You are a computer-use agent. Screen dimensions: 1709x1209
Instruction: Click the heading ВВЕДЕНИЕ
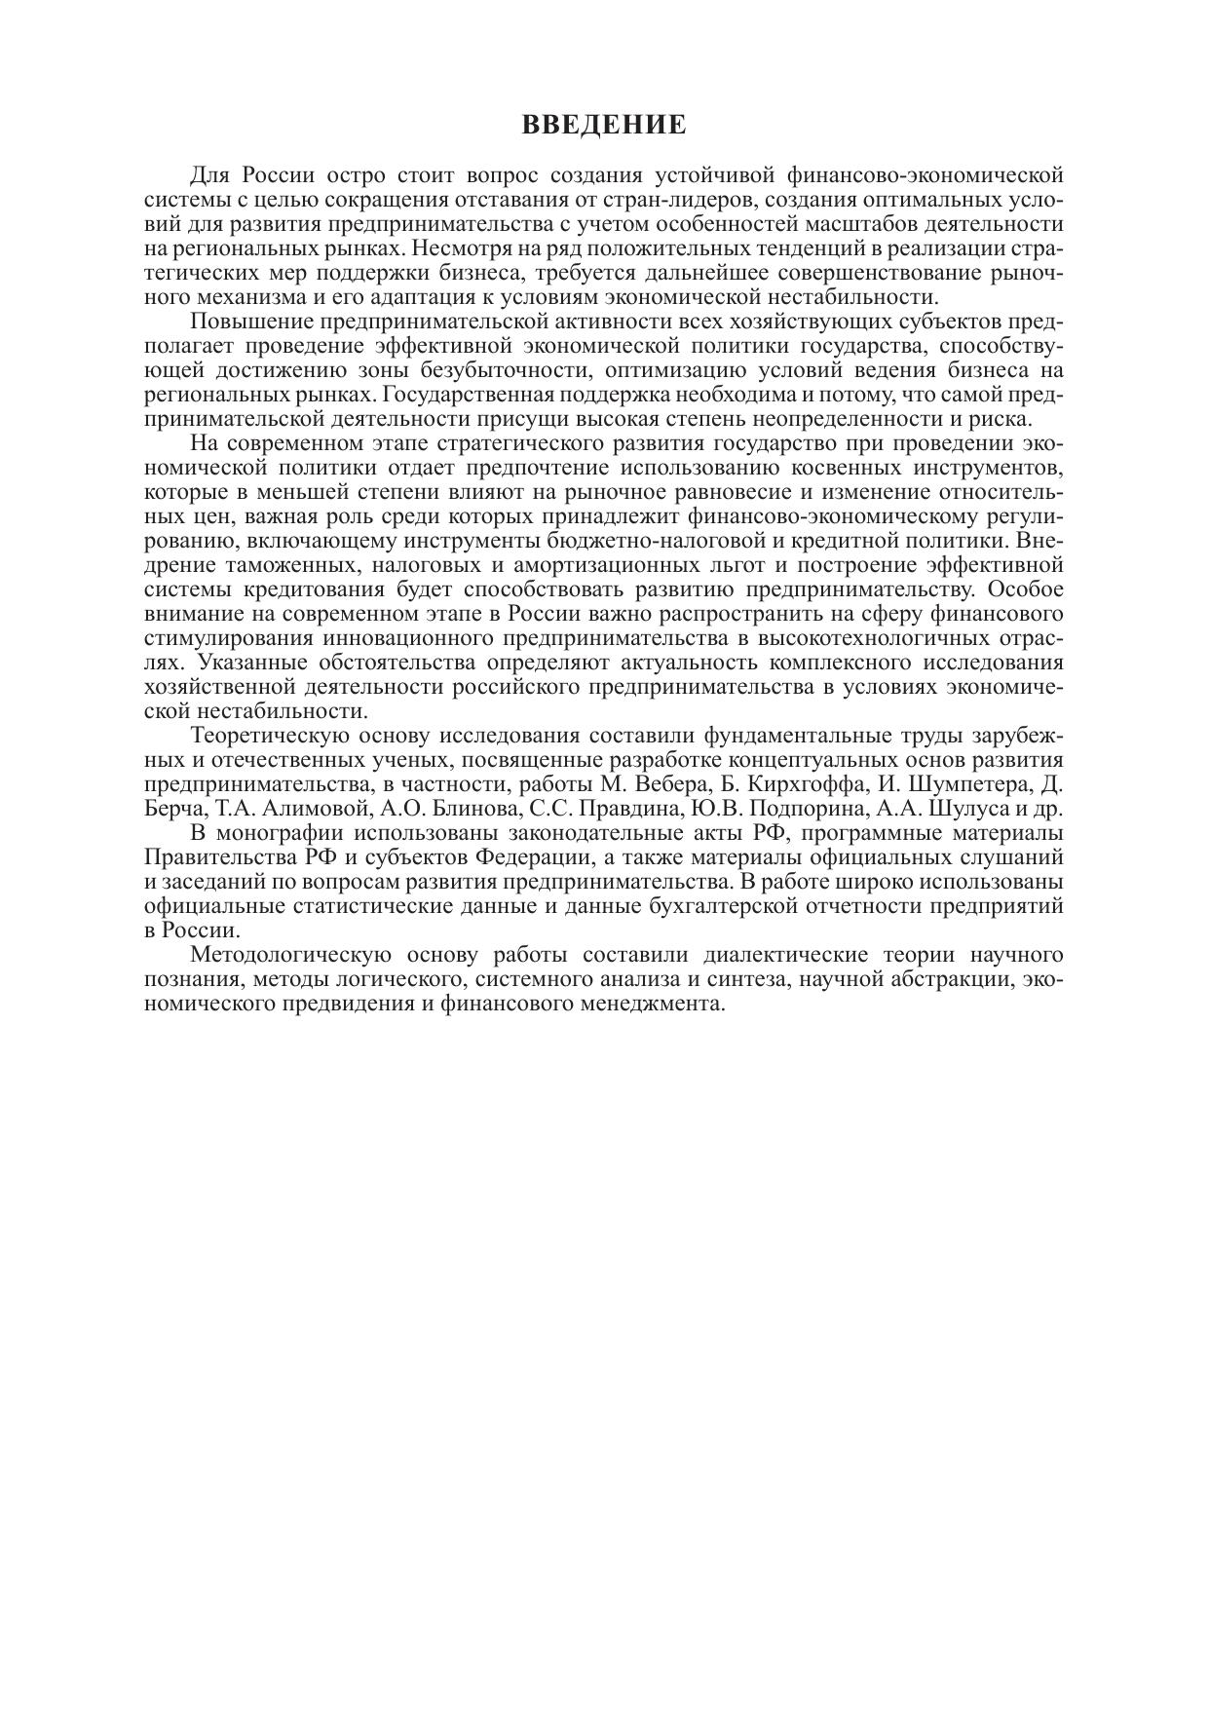pyautogui.click(x=604, y=125)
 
